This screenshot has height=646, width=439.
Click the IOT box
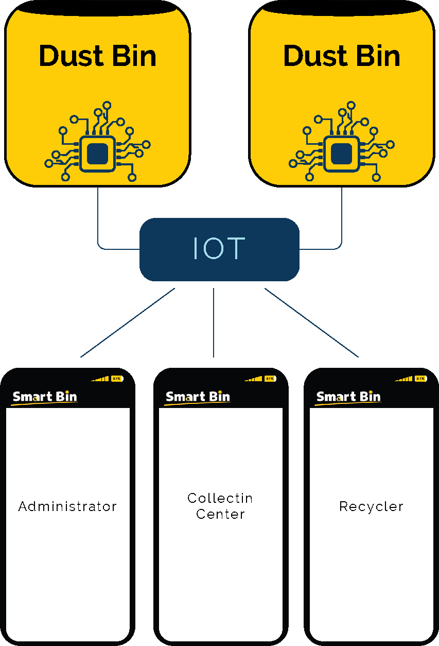[219, 249]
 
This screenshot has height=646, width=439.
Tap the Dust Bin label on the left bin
[97, 56]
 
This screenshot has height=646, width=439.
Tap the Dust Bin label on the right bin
[342, 56]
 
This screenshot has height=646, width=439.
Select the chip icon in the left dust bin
[97, 154]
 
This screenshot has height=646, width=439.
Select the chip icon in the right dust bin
[342, 154]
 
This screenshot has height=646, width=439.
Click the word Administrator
[67, 506]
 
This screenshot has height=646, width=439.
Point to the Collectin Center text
[220, 506]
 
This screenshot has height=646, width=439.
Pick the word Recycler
[371, 506]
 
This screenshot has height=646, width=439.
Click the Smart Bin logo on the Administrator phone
[45, 397]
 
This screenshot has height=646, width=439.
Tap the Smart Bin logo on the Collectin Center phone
[198, 397]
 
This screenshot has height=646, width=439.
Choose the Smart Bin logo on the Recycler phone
[348, 397]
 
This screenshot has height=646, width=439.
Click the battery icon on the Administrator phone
[117, 379]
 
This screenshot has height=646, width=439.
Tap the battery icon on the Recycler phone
[421, 379]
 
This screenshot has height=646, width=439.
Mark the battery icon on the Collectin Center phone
[270, 379]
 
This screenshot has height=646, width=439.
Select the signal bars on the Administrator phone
[101, 379]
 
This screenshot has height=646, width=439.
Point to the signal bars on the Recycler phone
[405, 379]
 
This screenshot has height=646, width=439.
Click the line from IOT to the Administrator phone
[128, 322]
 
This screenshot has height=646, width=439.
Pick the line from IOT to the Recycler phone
[311, 322]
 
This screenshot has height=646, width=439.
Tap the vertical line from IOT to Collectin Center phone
[214, 322]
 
